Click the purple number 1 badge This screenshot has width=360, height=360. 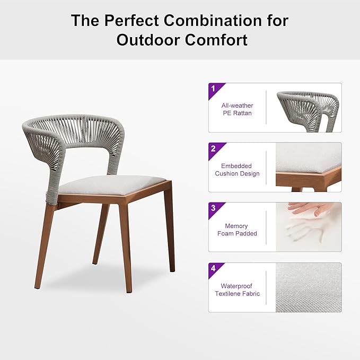tap(214, 89)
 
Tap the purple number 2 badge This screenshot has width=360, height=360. tap(214, 148)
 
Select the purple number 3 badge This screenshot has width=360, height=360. tap(214, 208)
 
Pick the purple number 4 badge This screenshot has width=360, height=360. tap(214, 268)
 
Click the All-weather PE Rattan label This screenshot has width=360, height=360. tap(237, 109)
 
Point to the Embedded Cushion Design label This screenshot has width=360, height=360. tap(237, 170)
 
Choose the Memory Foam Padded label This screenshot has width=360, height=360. tap(237, 230)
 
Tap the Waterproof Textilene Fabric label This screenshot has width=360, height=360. tap(237, 289)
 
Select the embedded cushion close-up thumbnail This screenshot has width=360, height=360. tap(308, 167)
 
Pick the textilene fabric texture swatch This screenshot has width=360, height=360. tap(308, 287)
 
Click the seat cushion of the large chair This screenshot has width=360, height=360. tap(111, 184)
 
